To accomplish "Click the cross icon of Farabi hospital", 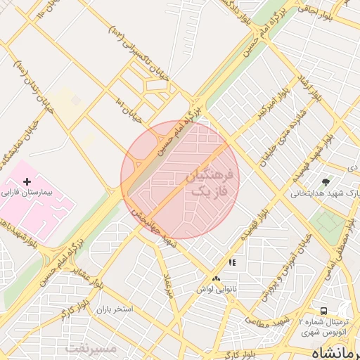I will point(27,181).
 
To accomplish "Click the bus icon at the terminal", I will point(323,311).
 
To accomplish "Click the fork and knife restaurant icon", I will point(232,263).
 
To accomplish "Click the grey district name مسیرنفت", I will point(91,348).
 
